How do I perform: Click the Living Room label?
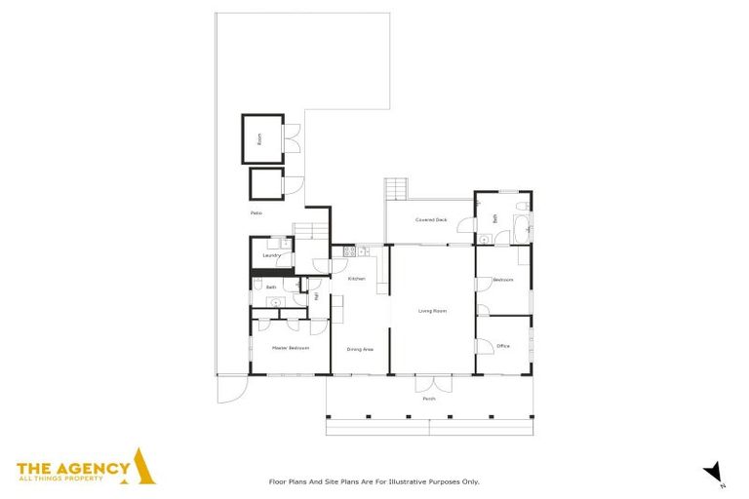[x=432, y=311]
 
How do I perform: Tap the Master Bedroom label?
[x=291, y=348]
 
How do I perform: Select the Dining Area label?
[x=361, y=348]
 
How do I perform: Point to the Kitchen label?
[x=356, y=280]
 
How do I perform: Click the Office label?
[x=503, y=346]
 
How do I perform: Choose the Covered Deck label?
[x=431, y=220]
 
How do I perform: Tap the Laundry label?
[x=271, y=255]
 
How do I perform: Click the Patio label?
[x=256, y=212]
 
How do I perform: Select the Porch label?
[x=429, y=399]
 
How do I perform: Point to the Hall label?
[x=316, y=296]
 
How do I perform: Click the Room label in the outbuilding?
[x=259, y=139]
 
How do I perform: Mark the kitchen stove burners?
[x=348, y=251]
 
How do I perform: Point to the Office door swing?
[x=481, y=346]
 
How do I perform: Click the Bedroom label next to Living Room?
[x=503, y=280]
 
